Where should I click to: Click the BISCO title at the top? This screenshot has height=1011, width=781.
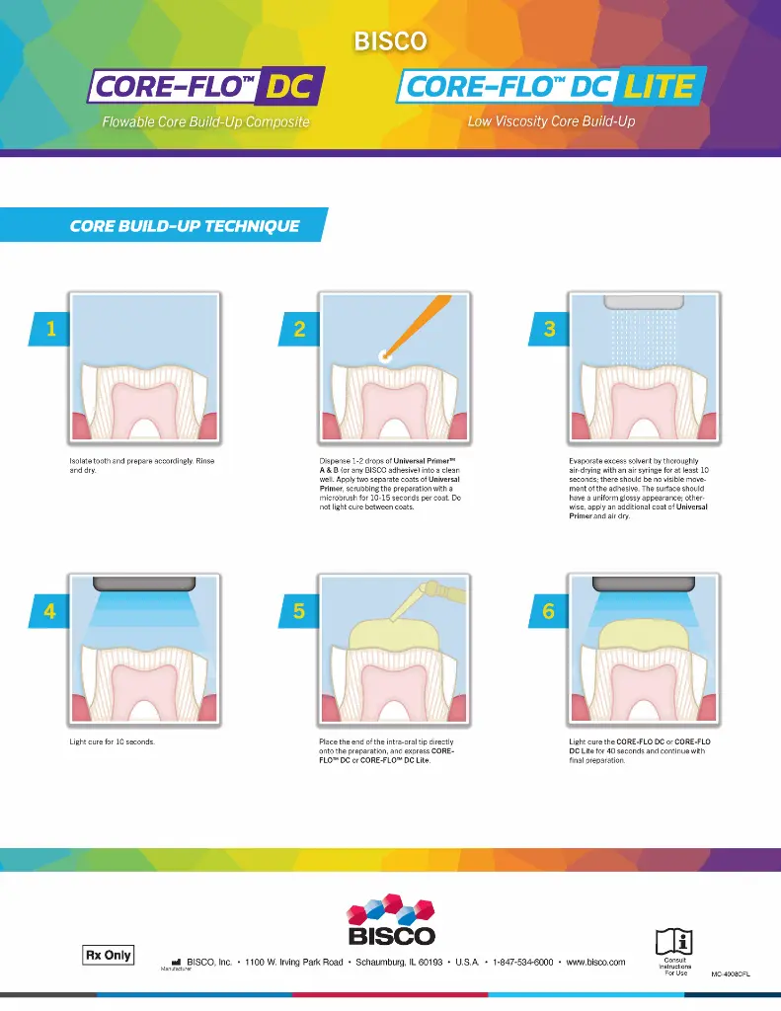click(x=390, y=41)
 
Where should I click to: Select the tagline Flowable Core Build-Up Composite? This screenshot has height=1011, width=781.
click(x=205, y=122)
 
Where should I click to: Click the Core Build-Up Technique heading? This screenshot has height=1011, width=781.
click(x=185, y=226)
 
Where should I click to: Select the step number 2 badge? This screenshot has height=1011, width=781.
click(x=299, y=329)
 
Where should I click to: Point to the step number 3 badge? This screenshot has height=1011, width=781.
click(x=550, y=329)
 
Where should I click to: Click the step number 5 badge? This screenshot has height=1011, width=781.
click(x=299, y=611)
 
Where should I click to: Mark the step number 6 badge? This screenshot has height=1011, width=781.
click(x=550, y=611)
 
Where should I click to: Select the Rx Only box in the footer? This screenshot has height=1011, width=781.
click(x=107, y=956)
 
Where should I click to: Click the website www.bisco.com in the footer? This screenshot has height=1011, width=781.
click(x=595, y=962)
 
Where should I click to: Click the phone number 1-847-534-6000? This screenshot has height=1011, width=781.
click(x=522, y=962)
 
